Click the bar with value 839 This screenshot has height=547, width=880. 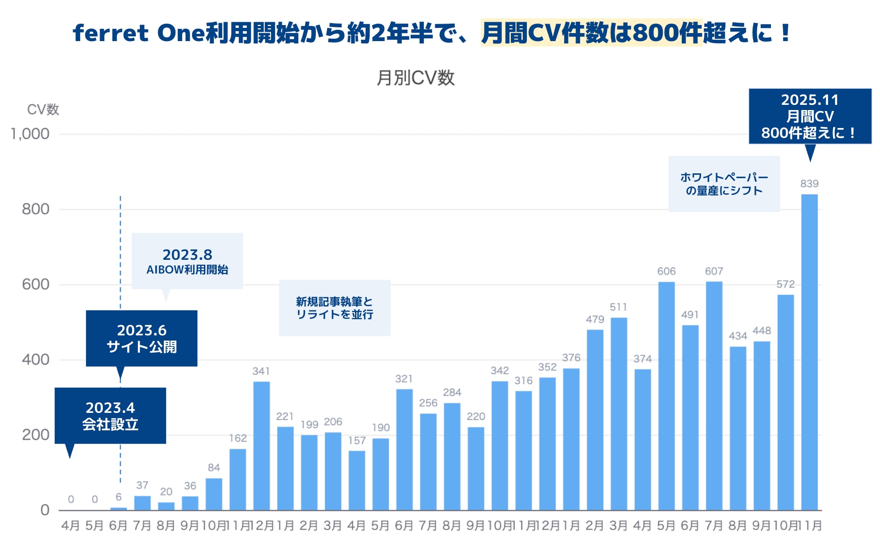[x=809, y=352]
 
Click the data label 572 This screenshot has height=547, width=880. [x=786, y=284]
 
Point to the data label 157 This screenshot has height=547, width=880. [x=357, y=441]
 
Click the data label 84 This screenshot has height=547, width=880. [x=214, y=468]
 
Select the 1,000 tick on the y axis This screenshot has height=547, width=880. [x=30, y=134]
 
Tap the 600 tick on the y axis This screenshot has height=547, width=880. [x=35, y=284]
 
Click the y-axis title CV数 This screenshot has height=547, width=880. [x=43, y=110]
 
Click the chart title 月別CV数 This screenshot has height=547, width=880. [x=415, y=78]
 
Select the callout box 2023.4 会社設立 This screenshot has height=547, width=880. [x=110, y=416]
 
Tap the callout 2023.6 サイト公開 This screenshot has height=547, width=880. [x=142, y=338]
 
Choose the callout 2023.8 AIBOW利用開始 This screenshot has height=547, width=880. [x=187, y=261]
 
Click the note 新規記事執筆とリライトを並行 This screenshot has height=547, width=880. [x=334, y=308]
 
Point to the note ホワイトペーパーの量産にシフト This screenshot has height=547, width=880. [x=724, y=184]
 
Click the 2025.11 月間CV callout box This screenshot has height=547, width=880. [x=810, y=116]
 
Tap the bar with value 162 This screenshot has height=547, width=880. [x=237, y=479]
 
